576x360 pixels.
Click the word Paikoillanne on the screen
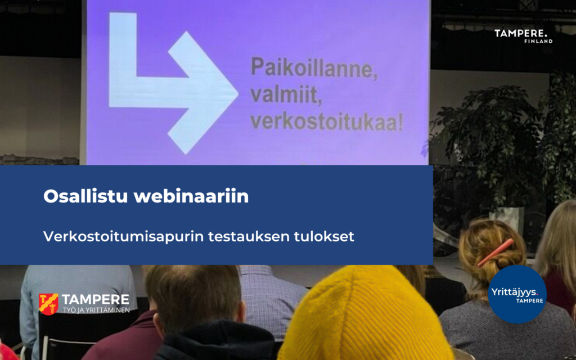pos(313,69)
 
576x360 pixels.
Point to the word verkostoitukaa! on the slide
pos(327,121)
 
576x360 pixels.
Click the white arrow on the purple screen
pos(173,83)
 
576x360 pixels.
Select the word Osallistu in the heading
pos(85,196)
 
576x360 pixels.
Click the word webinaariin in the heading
pos(191,196)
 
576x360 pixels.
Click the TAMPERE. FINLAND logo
pos(524,36)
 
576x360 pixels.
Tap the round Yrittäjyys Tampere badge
pos(517,294)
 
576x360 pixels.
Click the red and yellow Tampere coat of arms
pos(48,304)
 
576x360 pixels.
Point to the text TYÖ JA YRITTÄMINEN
pos(96,310)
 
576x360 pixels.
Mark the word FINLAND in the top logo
pos(538,41)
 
